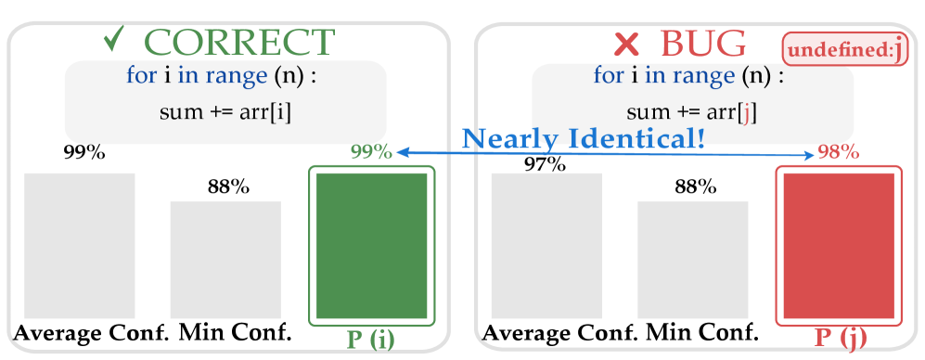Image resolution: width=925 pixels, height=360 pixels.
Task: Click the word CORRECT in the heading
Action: (239, 43)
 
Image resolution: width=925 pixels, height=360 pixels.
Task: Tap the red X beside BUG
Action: (626, 44)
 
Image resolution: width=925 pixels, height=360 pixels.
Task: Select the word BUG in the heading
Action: (702, 43)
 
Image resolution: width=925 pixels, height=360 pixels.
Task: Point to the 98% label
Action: (838, 152)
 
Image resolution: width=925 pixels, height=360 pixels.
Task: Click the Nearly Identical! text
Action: (584, 139)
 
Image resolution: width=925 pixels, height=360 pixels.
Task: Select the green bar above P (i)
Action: (372, 244)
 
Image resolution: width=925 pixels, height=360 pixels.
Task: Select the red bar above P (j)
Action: (839, 244)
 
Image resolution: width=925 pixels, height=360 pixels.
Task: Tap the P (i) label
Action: (370, 338)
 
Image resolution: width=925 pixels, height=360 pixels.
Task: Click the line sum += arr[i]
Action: (225, 113)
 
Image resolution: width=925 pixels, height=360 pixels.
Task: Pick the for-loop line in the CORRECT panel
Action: (222, 76)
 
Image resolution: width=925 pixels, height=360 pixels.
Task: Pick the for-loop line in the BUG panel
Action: (688, 76)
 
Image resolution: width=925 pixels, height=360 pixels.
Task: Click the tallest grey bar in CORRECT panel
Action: (80, 246)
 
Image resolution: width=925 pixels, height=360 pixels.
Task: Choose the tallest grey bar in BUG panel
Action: (546, 246)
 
